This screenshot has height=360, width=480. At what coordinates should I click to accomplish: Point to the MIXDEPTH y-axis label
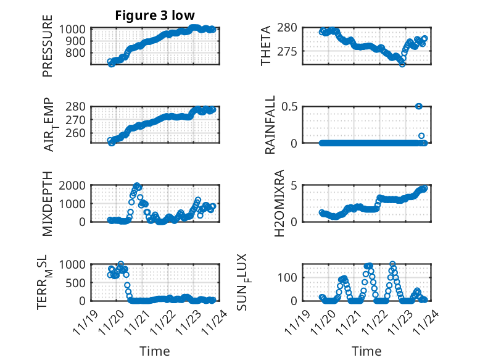click(x=48, y=203)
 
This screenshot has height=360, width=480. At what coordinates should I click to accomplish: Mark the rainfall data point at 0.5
click(x=419, y=106)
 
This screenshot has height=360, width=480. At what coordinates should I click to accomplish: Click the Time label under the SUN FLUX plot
click(x=366, y=351)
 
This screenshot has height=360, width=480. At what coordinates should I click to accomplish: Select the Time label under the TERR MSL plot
click(x=155, y=351)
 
